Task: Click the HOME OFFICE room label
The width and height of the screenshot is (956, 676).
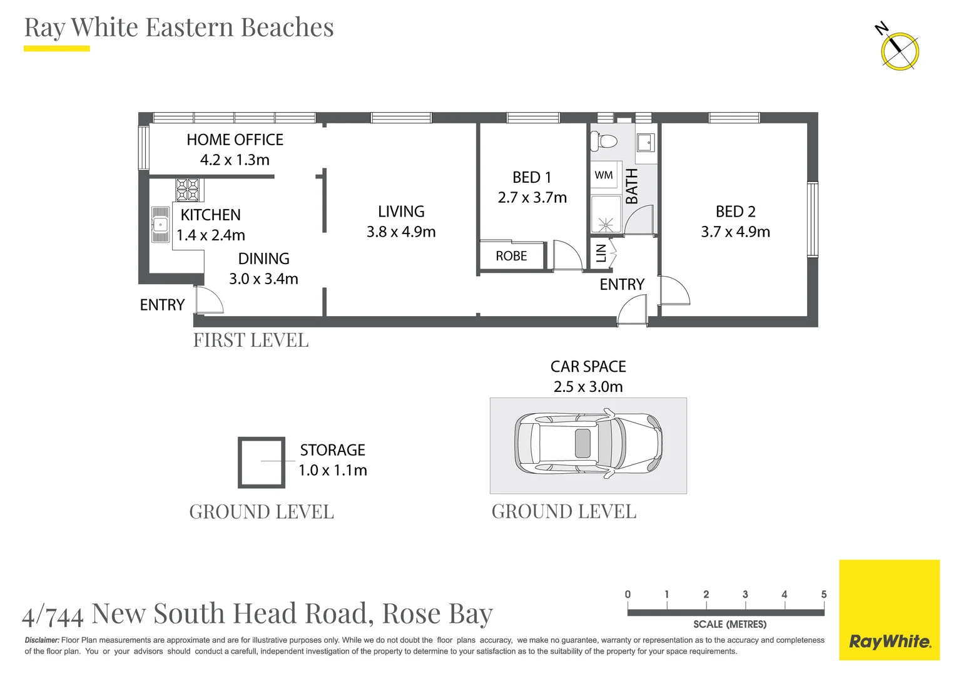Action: click(235, 140)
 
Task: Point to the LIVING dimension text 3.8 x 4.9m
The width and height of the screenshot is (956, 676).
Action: click(401, 232)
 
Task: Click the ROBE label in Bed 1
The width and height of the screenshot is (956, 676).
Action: click(511, 256)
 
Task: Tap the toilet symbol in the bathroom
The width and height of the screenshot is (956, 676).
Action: click(605, 141)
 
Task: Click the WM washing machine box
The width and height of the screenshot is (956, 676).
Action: click(604, 175)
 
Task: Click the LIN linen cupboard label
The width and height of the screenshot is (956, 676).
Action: click(601, 253)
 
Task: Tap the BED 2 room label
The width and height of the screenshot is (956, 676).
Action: click(735, 212)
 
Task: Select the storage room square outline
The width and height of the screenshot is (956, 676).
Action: click(262, 462)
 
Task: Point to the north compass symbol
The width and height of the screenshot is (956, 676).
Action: click(899, 50)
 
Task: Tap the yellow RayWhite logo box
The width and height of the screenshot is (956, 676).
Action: click(889, 610)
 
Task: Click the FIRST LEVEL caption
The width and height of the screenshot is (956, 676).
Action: click(251, 341)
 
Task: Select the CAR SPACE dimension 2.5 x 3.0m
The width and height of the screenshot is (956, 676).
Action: click(588, 387)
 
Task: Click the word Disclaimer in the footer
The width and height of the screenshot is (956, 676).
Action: click(42, 640)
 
